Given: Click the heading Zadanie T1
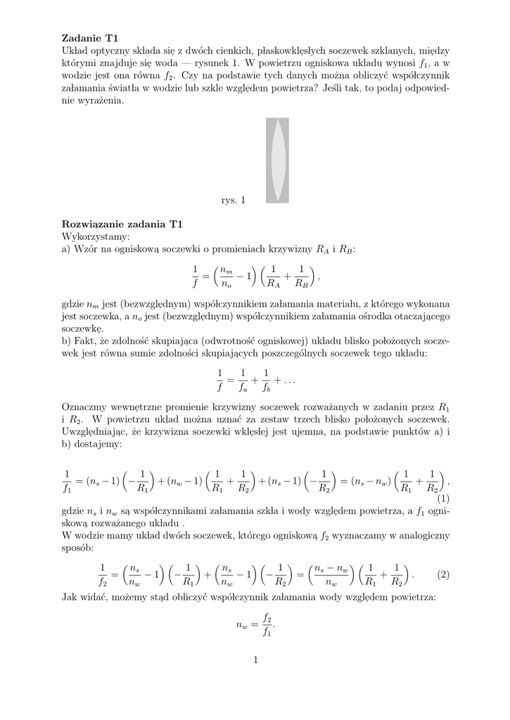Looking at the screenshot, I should tap(91, 38).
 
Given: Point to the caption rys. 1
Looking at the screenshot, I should tap(232, 201).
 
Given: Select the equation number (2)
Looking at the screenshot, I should tap(442, 574).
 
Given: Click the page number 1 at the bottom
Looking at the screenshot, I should tap(255, 660).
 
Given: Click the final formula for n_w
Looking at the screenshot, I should tap(255, 624).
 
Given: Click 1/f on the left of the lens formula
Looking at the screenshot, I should tap(196, 278).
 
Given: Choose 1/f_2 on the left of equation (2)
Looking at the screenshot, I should tap(102, 574).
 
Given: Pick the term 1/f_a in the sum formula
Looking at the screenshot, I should tap(243, 380).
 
